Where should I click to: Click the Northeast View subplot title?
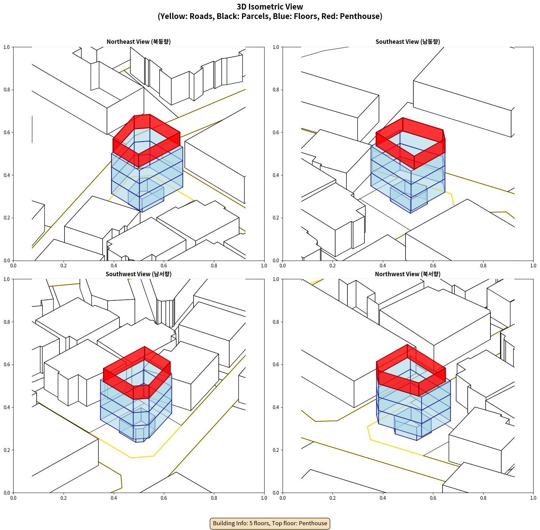tap(139, 42)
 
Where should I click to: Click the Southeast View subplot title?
tap(408, 42)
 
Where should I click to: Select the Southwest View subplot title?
tap(139, 274)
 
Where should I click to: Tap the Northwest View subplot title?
tap(408, 274)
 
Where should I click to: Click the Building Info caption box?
tap(270, 523)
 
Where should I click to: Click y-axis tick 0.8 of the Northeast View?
tap(7, 90)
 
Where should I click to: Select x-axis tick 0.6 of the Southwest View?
tap(164, 498)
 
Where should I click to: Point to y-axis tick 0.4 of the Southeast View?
tap(276, 175)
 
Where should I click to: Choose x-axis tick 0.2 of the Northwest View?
tap(332, 498)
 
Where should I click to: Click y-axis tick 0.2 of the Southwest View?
tap(7, 450)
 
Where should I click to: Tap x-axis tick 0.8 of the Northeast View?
tap(214, 266)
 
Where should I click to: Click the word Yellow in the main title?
tap(173, 16)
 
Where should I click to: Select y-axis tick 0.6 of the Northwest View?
tap(276, 365)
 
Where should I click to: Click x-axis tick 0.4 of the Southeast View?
tap(383, 266)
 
